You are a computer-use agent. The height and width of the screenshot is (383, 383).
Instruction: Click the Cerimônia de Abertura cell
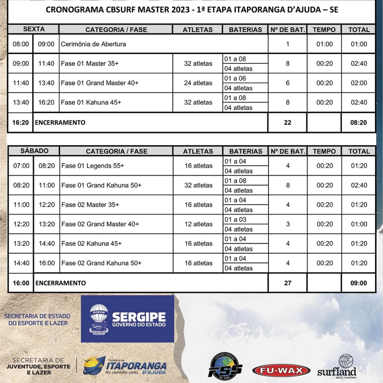tap(93, 44)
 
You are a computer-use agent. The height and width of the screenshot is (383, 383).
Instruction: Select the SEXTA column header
tap(34, 29)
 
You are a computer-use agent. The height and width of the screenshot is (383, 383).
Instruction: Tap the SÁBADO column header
tap(34, 151)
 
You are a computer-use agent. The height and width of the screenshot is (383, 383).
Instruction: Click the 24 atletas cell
tap(198, 83)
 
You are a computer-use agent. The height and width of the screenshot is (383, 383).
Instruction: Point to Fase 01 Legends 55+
tap(93, 166)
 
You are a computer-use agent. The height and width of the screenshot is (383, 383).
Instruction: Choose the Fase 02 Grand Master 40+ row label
tap(100, 224)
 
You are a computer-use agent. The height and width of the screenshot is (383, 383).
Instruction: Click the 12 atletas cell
tap(198, 224)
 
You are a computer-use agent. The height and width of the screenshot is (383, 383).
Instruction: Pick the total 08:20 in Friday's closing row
tap(358, 123)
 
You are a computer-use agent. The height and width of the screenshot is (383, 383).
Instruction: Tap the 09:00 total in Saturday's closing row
tap(358, 283)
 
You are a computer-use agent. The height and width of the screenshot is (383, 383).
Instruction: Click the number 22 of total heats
tap(287, 123)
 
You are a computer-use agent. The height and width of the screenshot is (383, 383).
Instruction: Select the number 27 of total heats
tap(288, 283)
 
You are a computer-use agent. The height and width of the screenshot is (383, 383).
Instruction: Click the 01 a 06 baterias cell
tap(235, 79)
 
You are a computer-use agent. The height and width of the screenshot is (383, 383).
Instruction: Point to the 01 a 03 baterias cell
tap(235, 220)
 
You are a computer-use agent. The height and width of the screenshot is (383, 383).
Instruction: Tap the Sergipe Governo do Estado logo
tap(128, 319)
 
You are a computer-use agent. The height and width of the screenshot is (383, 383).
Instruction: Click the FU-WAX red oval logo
tap(281, 371)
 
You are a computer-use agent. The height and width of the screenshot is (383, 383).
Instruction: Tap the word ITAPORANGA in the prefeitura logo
tap(136, 366)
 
